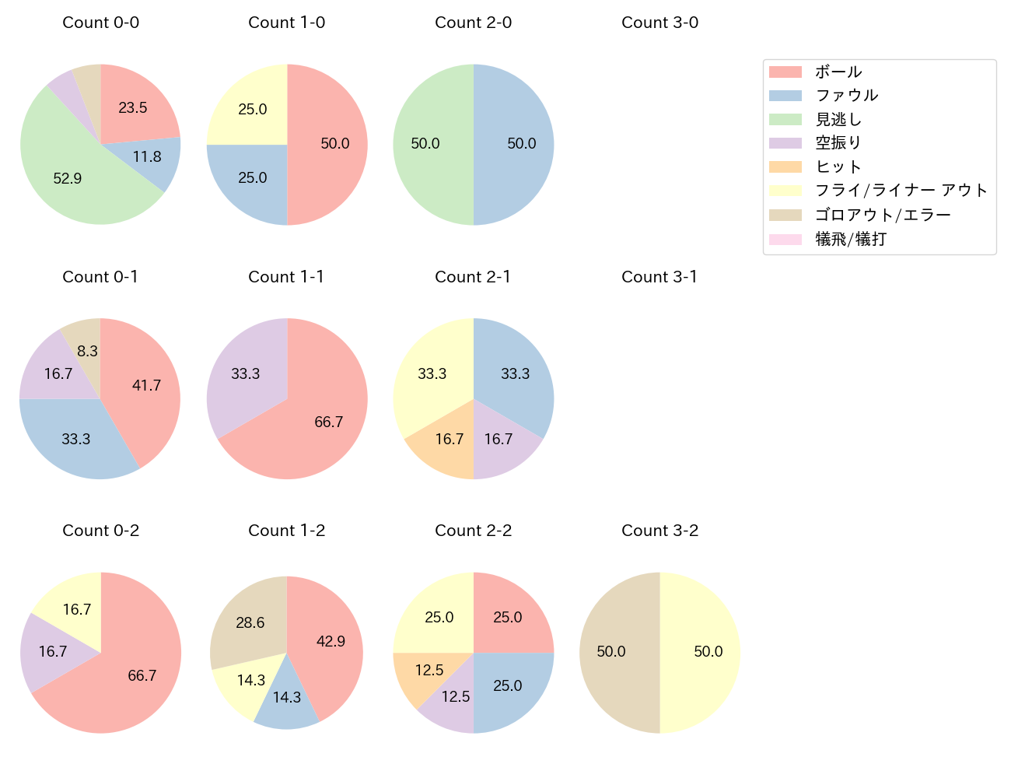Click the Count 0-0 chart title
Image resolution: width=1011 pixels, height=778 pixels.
pyautogui.click(x=101, y=23)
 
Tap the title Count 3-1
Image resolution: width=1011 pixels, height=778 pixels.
pyautogui.click(x=659, y=277)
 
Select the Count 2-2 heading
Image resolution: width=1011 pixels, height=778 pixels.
pyautogui.click(x=473, y=531)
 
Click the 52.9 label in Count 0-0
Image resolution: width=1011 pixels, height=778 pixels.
pyautogui.click(x=68, y=178)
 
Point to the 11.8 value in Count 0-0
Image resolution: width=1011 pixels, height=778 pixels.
pyautogui.click(x=147, y=157)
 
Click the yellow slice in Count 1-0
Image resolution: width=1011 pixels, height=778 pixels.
pyautogui.click(x=249, y=105)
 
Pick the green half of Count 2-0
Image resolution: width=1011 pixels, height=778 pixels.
pyautogui.click(x=432, y=144)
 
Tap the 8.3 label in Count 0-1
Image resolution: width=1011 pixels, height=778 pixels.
pyautogui.click(x=87, y=351)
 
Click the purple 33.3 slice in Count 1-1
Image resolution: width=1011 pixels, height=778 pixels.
pyautogui.click(x=245, y=373)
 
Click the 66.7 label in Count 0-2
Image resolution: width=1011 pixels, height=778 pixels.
pyautogui.click(x=142, y=675)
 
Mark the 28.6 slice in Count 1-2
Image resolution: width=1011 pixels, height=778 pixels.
pyautogui.click(x=249, y=622)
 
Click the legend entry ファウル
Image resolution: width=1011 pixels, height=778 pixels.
pyautogui.click(x=846, y=96)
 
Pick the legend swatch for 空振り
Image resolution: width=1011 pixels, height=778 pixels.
pyautogui.click(x=785, y=143)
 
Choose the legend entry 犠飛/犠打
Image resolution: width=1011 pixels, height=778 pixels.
pyautogui.click(x=850, y=239)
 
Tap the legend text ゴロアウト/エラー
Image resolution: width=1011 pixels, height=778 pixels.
pyautogui.click(x=883, y=215)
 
